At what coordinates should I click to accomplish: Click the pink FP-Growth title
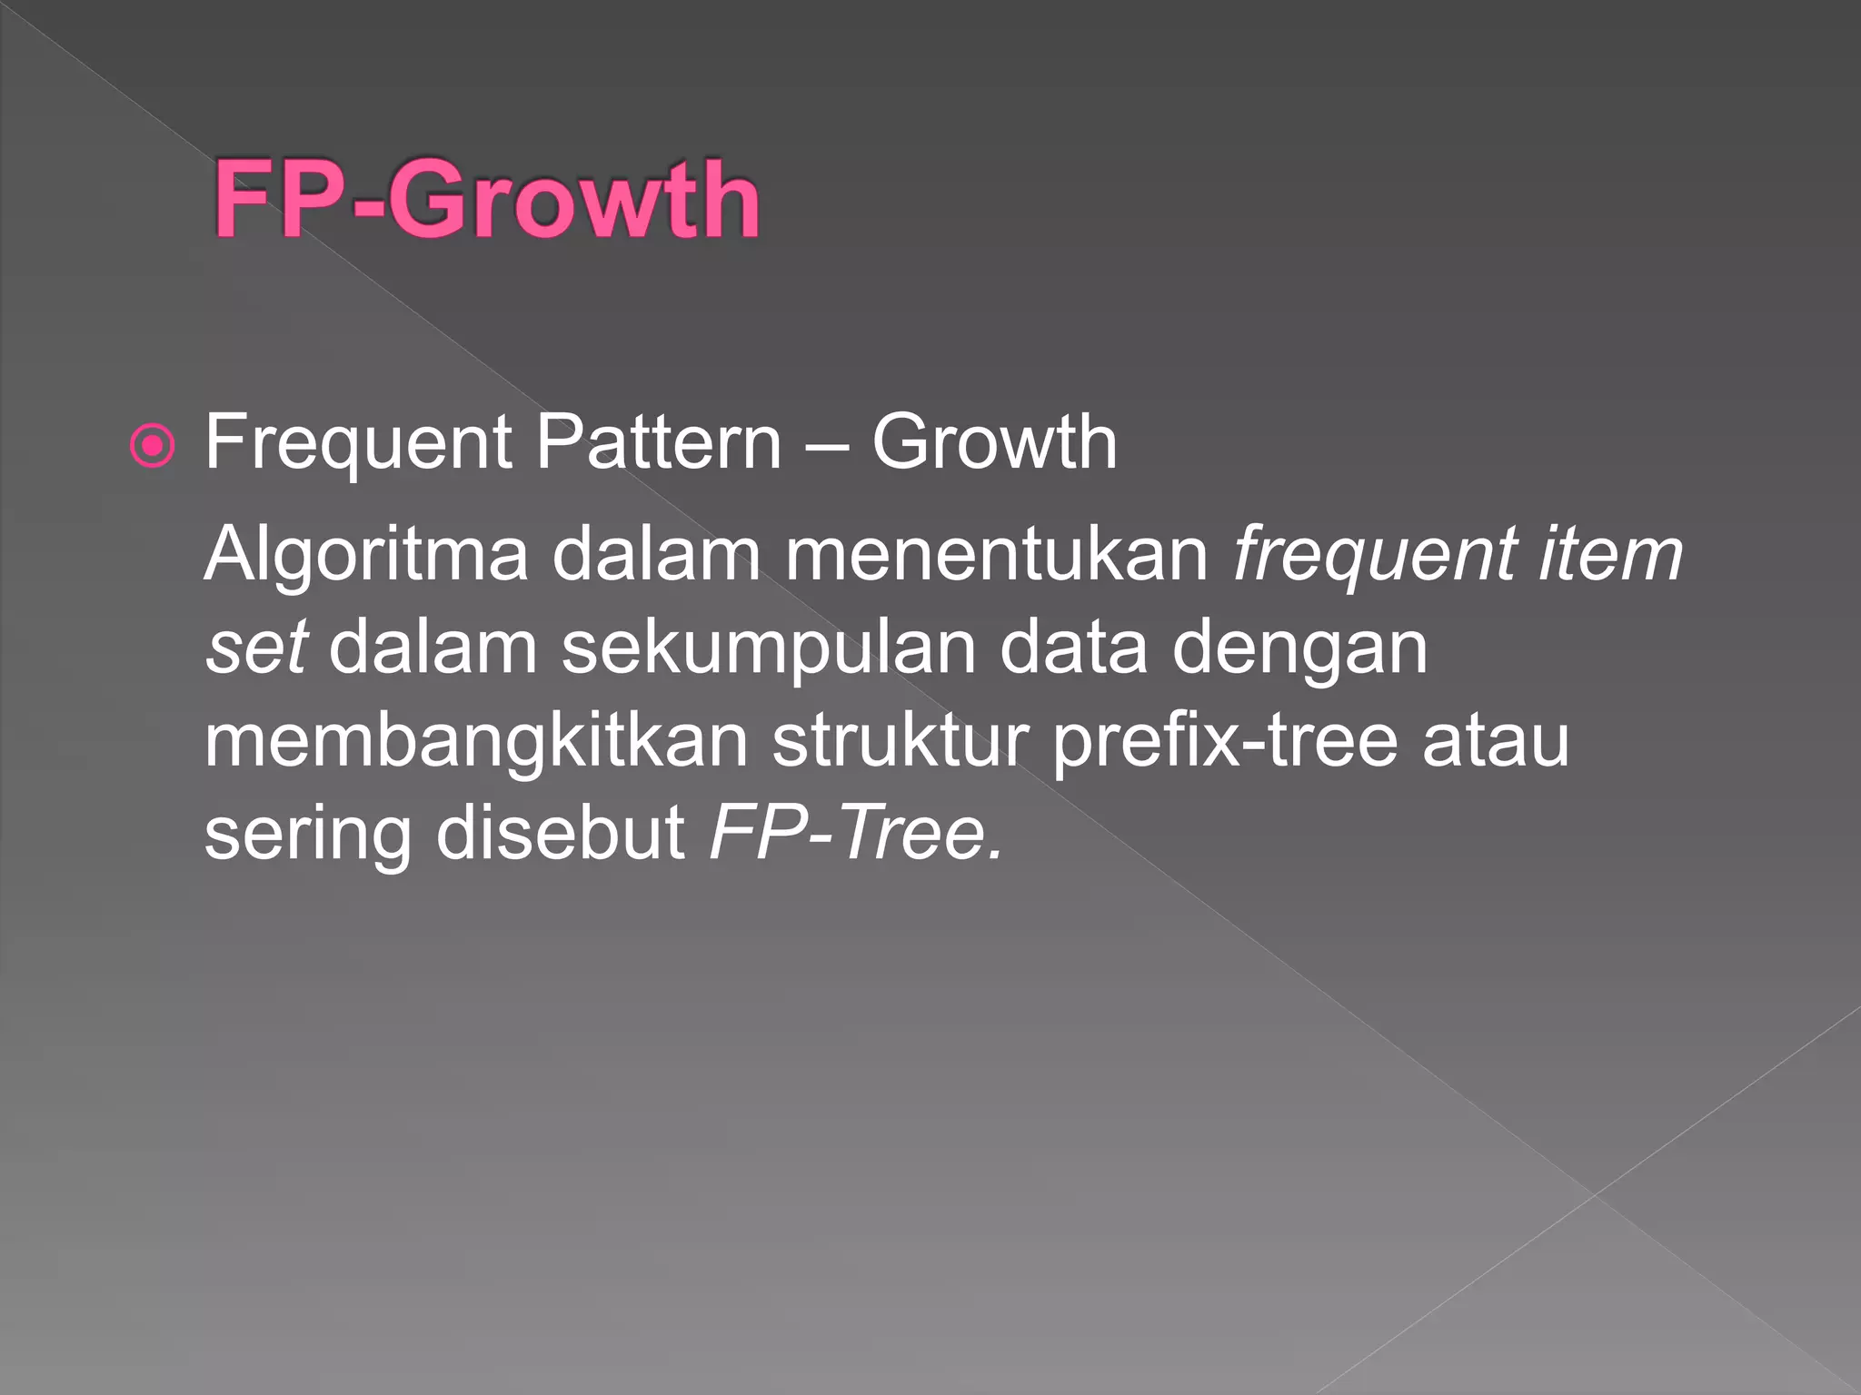pyautogui.click(x=486, y=199)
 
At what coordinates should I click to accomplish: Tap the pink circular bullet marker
pyautogui.click(x=153, y=446)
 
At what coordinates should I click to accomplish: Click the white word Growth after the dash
pyautogui.click(x=994, y=443)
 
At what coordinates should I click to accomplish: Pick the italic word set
pyautogui.click(x=255, y=648)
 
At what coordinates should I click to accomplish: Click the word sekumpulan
pyautogui.click(x=769, y=650)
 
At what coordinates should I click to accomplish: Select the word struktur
pyautogui.click(x=900, y=741)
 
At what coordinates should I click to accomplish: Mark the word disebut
pyautogui.click(x=560, y=834)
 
